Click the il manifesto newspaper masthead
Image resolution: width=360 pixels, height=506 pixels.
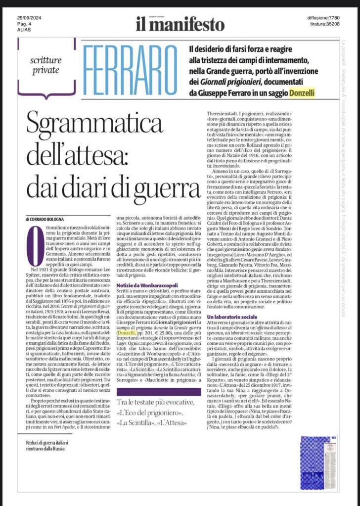(x=180, y=23)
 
